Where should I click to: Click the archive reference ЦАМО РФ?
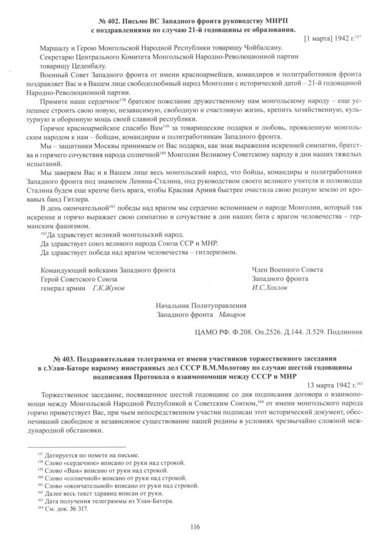coord(214,332)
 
